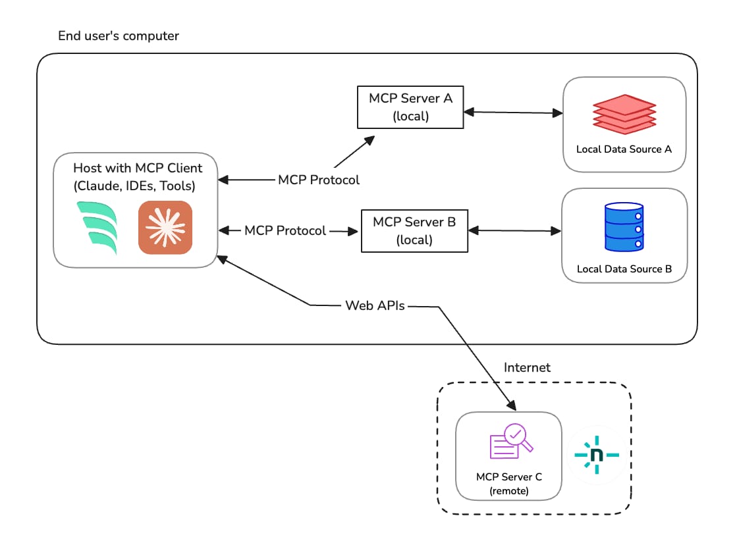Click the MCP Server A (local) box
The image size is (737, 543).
pyautogui.click(x=410, y=107)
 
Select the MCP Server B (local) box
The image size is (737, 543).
pyautogui.click(x=414, y=230)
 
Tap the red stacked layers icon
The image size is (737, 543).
pyautogui.click(x=624, y=114)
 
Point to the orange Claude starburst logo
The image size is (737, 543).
pyautogui.click(x=165, y=227)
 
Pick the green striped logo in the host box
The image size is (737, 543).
pyautogui.click(x=97, y=228)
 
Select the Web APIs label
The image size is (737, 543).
pyautogui.click(x=375, y=306)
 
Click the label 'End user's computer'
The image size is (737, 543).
pyautogui.click(x=119, y=36)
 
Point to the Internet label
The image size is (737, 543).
pyautogui.click(x=527, y=367)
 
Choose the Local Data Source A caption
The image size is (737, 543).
pyautogui.click(x=624, y=149)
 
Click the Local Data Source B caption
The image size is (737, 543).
pyautogui.click(x=624, y=269)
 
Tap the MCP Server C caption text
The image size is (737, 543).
pyautogui.click(x=509, y=477)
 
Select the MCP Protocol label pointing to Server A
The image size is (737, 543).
pyautogui.click(x=319, y=180)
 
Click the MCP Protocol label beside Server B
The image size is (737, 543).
pyautogui.click(x=285, y=231)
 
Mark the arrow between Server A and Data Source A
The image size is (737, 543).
pyautogui.click(x=513, y=113)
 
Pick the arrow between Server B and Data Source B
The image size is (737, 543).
pyautogui.click(x=514, y=230)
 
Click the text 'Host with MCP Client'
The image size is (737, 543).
pyautogui.click(x=138, y=168)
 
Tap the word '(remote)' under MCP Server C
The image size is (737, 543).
pyautogui.click(x=509, y=490)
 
